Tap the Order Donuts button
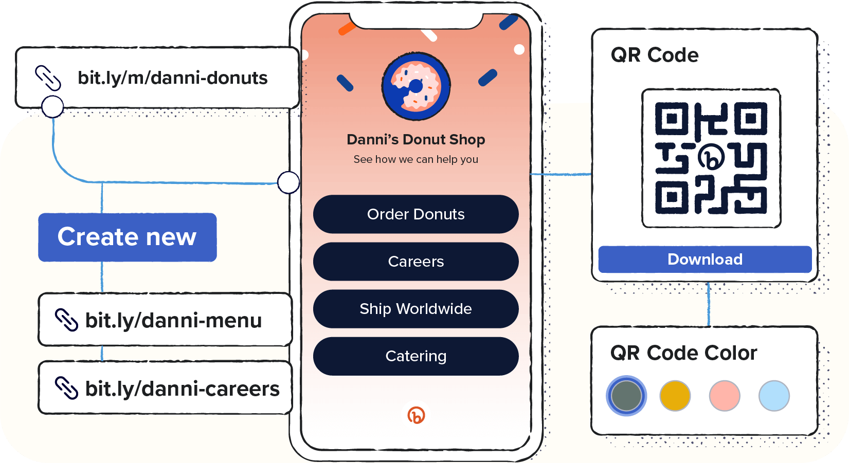click(416, 214)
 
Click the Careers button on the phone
click(416, 262)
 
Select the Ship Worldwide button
click(416, 309)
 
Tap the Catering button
click(416, 356)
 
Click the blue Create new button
click(127, 237)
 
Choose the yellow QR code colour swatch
click(675, 396)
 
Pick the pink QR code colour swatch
click(724, 396)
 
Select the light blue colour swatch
click(774, 396)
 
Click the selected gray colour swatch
click(626, 396)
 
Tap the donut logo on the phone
click(416, 86)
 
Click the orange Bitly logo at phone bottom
click(416, 415)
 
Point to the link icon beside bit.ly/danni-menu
click(66, 320)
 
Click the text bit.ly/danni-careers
click(182, 388)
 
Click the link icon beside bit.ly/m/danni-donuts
click(48, 78)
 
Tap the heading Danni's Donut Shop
click(416, 139)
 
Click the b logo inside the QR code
click(711, 158)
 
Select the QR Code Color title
click(683, 353)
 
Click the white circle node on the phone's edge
click(288, 182)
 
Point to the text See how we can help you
click(416, 159)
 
